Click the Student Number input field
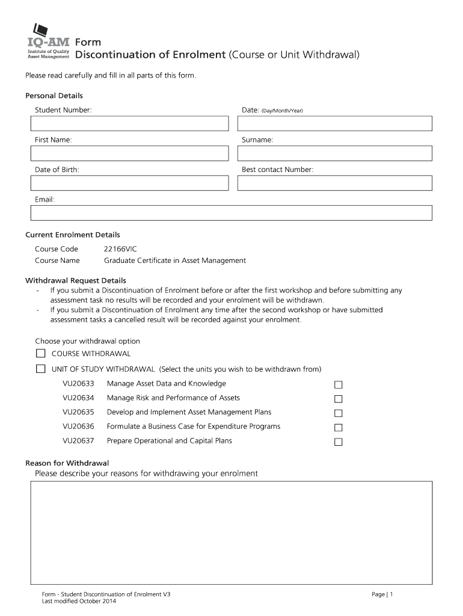130,123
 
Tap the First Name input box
130,153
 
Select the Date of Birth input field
130,183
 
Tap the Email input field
231,213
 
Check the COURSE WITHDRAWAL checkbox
41,354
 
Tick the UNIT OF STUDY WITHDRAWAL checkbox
41,369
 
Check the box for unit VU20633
339,385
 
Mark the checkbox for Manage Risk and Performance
339,399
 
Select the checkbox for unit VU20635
339,413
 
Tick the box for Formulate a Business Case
339,428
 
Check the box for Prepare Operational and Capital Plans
339,442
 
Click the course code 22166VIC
120,248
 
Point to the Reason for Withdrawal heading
67,463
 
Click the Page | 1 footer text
382,594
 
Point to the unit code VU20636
78,427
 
